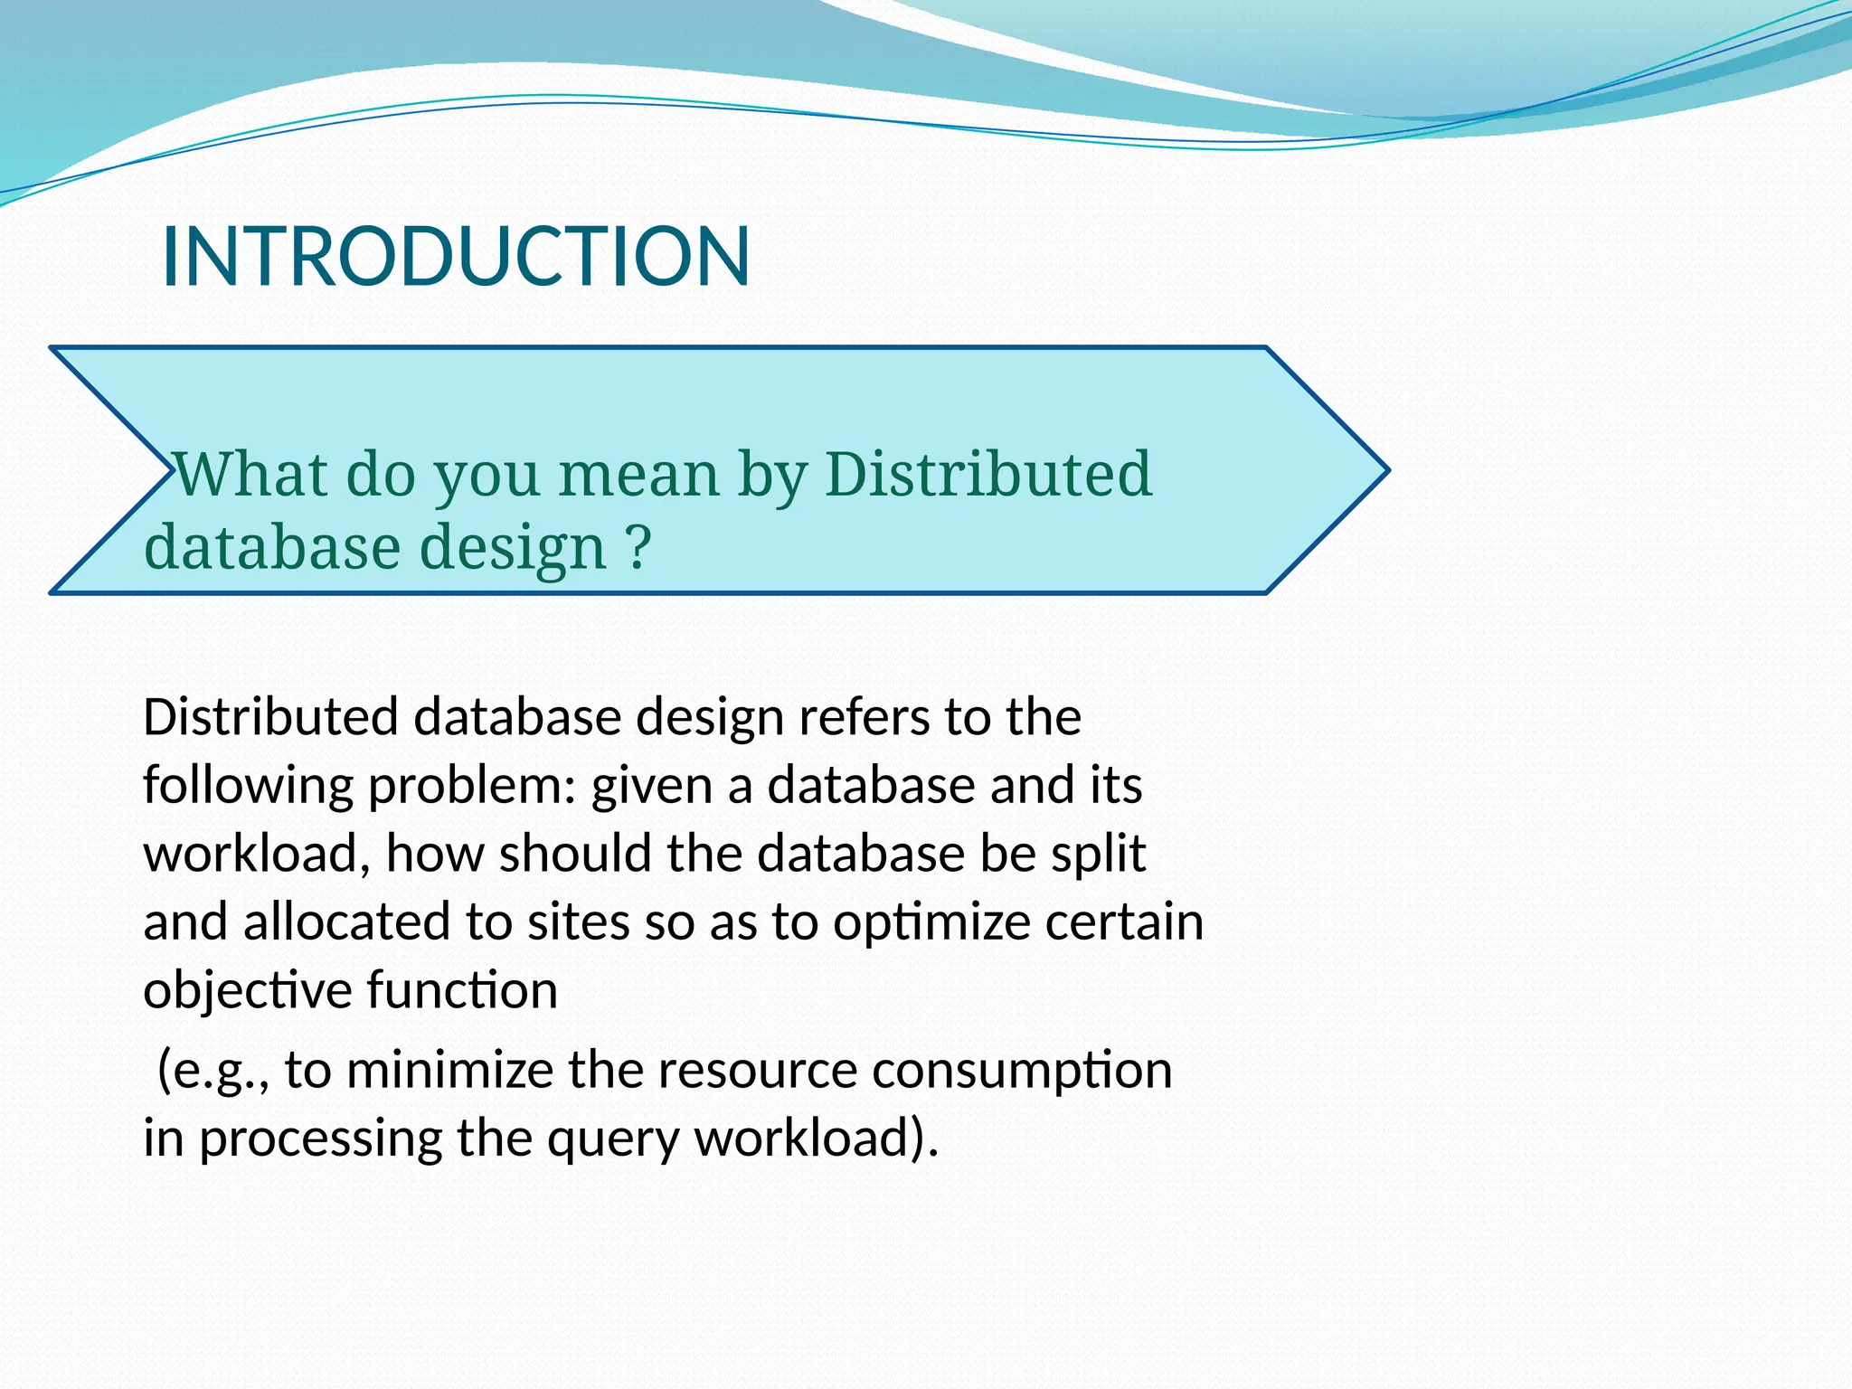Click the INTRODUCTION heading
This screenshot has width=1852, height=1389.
pyautogui.click(x=456, y=257)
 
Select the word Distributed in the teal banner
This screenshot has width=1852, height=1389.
pyautogui.click(x=988, y=474)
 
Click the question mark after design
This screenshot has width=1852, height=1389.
pyautogui.click(x=638, y=546)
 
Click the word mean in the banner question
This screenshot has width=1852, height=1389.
pyautogui.click(x=638, y=476)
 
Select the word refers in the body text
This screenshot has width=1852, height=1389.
pyautogui.click(x=864, y=717)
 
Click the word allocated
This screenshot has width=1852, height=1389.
pyautogui.click(x=347, y=921)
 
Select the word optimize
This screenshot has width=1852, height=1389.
pyautogui.click(x=932, y=923)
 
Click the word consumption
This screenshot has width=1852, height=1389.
pyautogui.click(x=1022, y=1071)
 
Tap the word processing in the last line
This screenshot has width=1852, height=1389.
pyautogui.click(x=320, y=1139)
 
